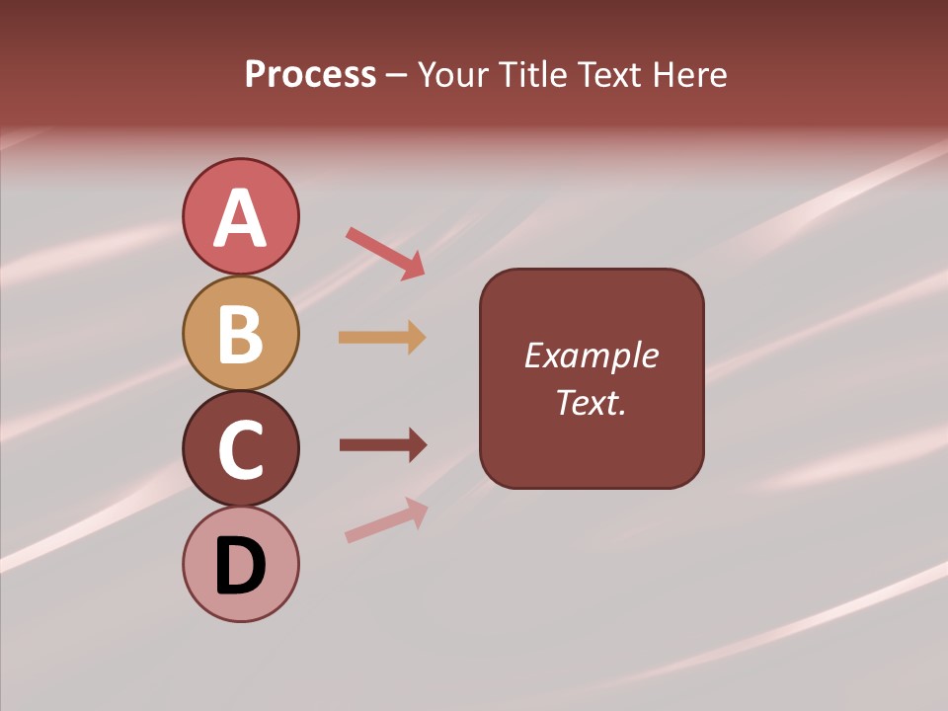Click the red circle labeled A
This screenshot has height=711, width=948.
click(240, 216)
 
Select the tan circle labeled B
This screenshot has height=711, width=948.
click(240, 333)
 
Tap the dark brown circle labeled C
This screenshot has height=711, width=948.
click(240, 448)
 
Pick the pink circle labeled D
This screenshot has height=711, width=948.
click(240, 564)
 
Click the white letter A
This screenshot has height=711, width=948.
click(240, 217)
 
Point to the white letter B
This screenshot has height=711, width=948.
click(240, 334)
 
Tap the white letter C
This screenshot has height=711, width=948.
click(240, 449)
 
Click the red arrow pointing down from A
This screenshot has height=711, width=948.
click(386, 253)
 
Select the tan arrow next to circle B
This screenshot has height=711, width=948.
click(382, 338)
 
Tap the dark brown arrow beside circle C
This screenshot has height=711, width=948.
click(383, 445)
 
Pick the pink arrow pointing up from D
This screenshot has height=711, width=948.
click(386, 520)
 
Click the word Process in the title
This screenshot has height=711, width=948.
click(310, 75)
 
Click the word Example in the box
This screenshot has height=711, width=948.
click(591, 355)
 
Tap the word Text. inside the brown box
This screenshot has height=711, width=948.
click(591, 402)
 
